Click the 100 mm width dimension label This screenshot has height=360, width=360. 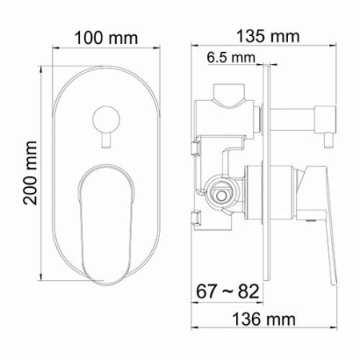tap(106, 38)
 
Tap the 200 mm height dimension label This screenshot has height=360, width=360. tap(30, 173)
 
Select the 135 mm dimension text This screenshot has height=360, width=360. tap(268, 36)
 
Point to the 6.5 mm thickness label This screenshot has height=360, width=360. tap(231, 58)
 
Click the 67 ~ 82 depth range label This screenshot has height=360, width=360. tap(227, 291)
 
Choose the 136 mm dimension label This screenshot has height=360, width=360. tap(264, 319)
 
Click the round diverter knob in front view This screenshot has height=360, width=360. tap(106, 119)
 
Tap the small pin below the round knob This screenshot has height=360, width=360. tap(106, 140)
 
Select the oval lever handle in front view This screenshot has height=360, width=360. tap(106, 224)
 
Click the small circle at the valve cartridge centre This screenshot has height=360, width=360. tap(221, 195)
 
